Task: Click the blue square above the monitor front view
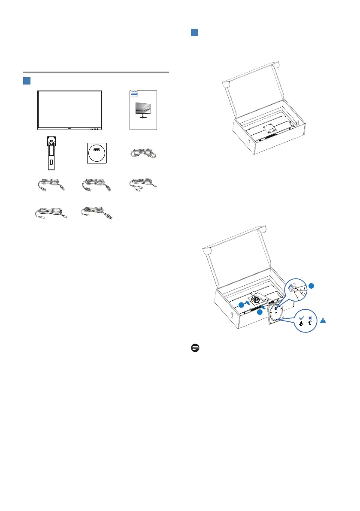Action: (27, 81)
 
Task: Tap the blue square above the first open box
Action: (194, 33)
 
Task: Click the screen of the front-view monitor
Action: (70, 108)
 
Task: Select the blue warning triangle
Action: (323, 320)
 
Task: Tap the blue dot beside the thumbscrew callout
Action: (312, 286)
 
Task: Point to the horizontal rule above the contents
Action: (96, 72)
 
